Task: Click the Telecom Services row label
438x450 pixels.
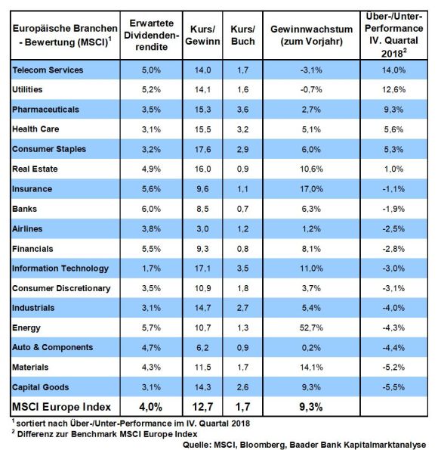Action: click(48, 70)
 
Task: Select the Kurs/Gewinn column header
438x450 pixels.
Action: click(202, 36)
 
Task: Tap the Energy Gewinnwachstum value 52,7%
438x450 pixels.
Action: click(311, 327)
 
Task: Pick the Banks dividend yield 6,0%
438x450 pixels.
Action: click(151, 209)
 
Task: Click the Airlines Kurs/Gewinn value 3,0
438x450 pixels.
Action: click(202, 229)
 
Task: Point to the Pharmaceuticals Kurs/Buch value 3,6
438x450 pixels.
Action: click(243, 110)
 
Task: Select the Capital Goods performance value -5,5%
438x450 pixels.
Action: click(393, 387)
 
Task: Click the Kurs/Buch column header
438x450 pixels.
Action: click(243, 36)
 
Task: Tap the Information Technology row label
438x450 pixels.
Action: click(60, 268)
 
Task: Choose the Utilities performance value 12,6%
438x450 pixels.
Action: click(393, 90)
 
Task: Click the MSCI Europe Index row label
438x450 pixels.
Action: click(61, 407)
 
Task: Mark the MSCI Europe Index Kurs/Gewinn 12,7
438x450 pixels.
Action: click(202, 407)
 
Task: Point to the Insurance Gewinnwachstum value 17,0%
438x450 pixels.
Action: click(311, 189)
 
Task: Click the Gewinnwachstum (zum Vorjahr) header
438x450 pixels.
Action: click(312, 36)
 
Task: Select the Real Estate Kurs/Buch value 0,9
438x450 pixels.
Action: click(243, 169)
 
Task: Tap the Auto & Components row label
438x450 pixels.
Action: click(52, 348)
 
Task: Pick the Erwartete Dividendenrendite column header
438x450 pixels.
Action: click(151, 35)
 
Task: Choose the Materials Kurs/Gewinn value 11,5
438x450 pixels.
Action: click(202, 368)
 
